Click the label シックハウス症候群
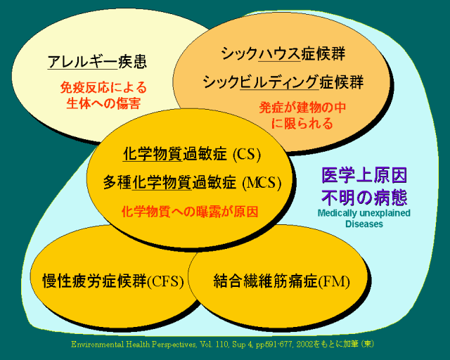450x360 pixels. point(283,53)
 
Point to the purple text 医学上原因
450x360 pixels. point(364,174)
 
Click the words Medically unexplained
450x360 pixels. point(364,213)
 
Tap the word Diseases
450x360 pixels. point(364,224)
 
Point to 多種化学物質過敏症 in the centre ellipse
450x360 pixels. point(169,183)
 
